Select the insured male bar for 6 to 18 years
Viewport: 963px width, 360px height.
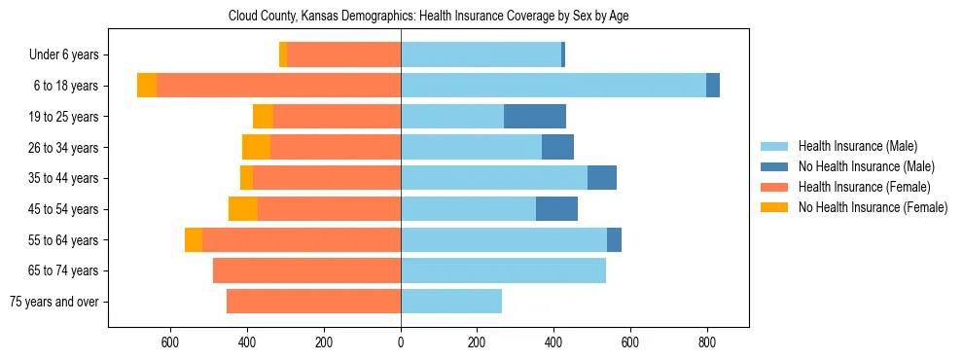[553, 86]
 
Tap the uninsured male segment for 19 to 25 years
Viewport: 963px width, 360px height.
[535, 117]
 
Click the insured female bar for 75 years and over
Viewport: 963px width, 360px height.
[313, 302]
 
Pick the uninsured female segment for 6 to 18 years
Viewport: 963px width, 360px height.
[147, 86]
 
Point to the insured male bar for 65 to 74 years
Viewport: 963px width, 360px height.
[503, 270]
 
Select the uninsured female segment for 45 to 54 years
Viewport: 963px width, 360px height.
[243, 209]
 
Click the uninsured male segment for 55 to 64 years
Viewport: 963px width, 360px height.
[614, 240]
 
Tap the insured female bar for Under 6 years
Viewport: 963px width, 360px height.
[343, 55]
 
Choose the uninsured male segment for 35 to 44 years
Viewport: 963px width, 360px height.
[602, 178]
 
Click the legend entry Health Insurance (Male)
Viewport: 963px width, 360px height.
[857, 146]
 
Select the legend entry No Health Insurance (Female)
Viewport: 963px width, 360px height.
[873, 207]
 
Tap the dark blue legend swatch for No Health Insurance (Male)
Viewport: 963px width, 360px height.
[774, 166]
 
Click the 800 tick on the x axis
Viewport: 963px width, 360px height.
[707, 342]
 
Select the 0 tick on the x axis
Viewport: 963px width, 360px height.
[401, 342]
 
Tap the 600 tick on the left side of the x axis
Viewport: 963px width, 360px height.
[169, 342]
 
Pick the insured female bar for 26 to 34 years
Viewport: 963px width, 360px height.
[336, 148]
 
